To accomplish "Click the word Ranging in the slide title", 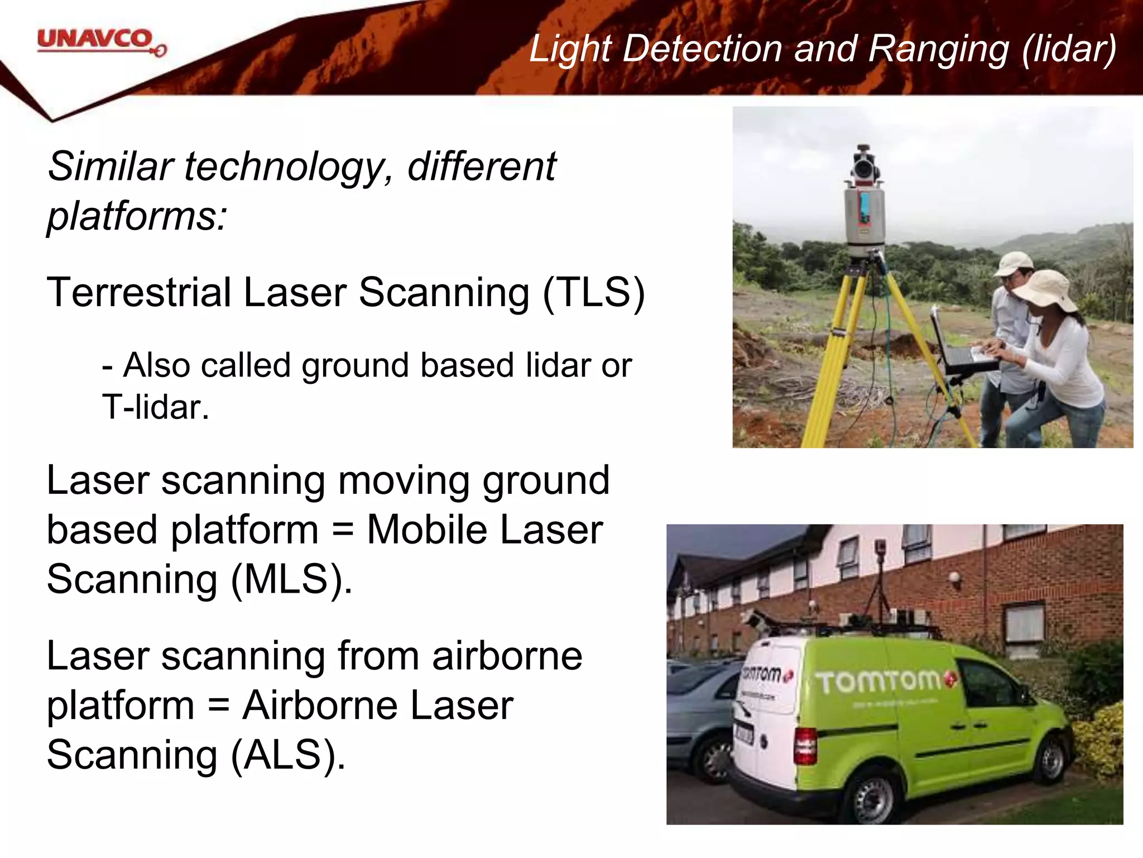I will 938,49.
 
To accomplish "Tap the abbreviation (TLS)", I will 594,292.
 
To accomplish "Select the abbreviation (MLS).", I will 291,579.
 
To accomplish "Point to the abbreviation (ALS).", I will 287,755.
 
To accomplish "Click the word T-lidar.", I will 155,407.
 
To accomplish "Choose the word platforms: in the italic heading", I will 137,216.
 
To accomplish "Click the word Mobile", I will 427,530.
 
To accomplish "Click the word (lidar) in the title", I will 1069,49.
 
